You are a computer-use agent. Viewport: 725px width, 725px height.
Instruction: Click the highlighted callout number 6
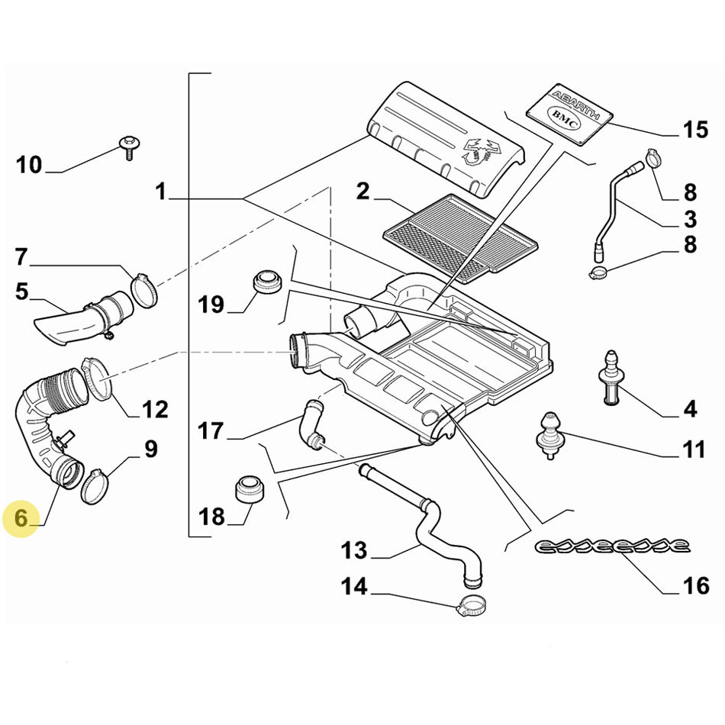pos(21,518)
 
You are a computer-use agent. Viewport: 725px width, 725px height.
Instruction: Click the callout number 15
pos(694,130)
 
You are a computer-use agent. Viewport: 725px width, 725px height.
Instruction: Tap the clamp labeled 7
pos(143,290)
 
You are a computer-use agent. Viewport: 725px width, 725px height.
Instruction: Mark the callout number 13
pos(354,549)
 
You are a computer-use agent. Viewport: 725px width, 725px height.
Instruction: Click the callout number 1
pos(160,192)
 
